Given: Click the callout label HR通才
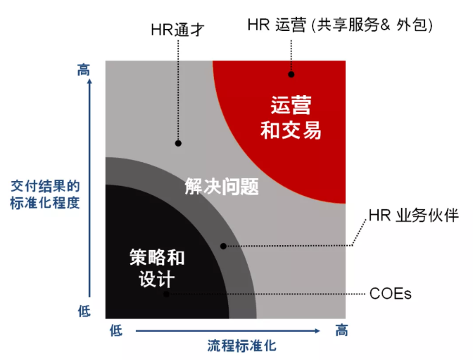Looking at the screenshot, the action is click(x=177, y=30).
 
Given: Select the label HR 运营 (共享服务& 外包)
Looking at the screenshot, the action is click(x=340, y=25).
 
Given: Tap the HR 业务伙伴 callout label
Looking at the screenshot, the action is click(x=414, y=216).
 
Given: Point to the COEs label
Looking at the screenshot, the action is click(x=391, y=293).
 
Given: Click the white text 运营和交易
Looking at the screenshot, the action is click(x=291, y=118).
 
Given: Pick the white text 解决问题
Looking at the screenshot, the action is click(x=222, y=187).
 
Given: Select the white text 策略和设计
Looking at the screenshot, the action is click(x=157, y=268).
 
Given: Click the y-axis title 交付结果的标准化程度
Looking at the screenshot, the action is click(x=45, y=195).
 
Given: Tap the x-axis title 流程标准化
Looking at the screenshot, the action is click(x=241, y=346).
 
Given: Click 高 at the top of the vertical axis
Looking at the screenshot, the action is click(x=84, y=70).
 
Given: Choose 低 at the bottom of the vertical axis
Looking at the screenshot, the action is click(x=84, y=311).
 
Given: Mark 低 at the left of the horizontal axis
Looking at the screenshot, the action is click(x=116, y=330).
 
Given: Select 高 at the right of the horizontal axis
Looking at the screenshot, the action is click(x=342, y=330).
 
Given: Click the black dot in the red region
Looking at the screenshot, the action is click(x=291, y=74).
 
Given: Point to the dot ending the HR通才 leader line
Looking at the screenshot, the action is click(x=178, y=143).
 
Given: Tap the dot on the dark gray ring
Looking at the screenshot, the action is click(x=223, y=246).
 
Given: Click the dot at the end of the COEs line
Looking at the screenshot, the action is click(x=166, y=294).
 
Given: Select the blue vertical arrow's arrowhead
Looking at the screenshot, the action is click(x=89, y=82).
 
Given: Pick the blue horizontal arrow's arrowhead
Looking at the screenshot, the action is click(x=317, y=330).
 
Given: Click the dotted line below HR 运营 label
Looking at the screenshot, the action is click(x=291, y=56).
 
